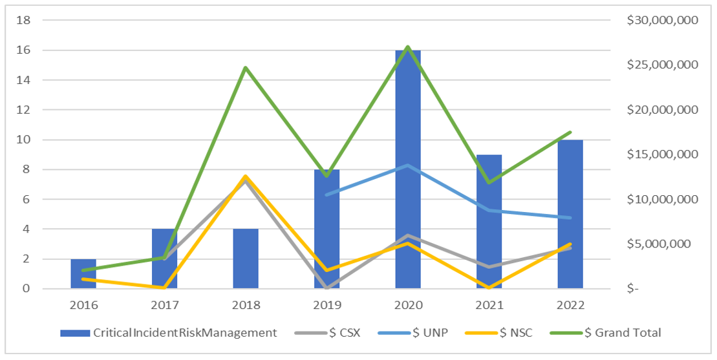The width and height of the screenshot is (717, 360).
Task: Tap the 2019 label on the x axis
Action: [327, 305]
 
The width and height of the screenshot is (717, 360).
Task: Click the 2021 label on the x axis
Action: [489, 305]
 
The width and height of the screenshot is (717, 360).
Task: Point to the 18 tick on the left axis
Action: [23, 20]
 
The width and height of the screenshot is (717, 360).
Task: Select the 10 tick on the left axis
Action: [23, 140]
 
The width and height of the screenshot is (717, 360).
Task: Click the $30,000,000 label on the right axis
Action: [662, 20]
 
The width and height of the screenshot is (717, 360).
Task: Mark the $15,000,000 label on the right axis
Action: [662, 154]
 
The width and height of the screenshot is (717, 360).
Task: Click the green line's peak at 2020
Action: [408, 47]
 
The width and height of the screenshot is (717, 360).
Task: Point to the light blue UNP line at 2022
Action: [570, 218]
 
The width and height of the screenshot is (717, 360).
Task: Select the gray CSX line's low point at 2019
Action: [327, 288]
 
